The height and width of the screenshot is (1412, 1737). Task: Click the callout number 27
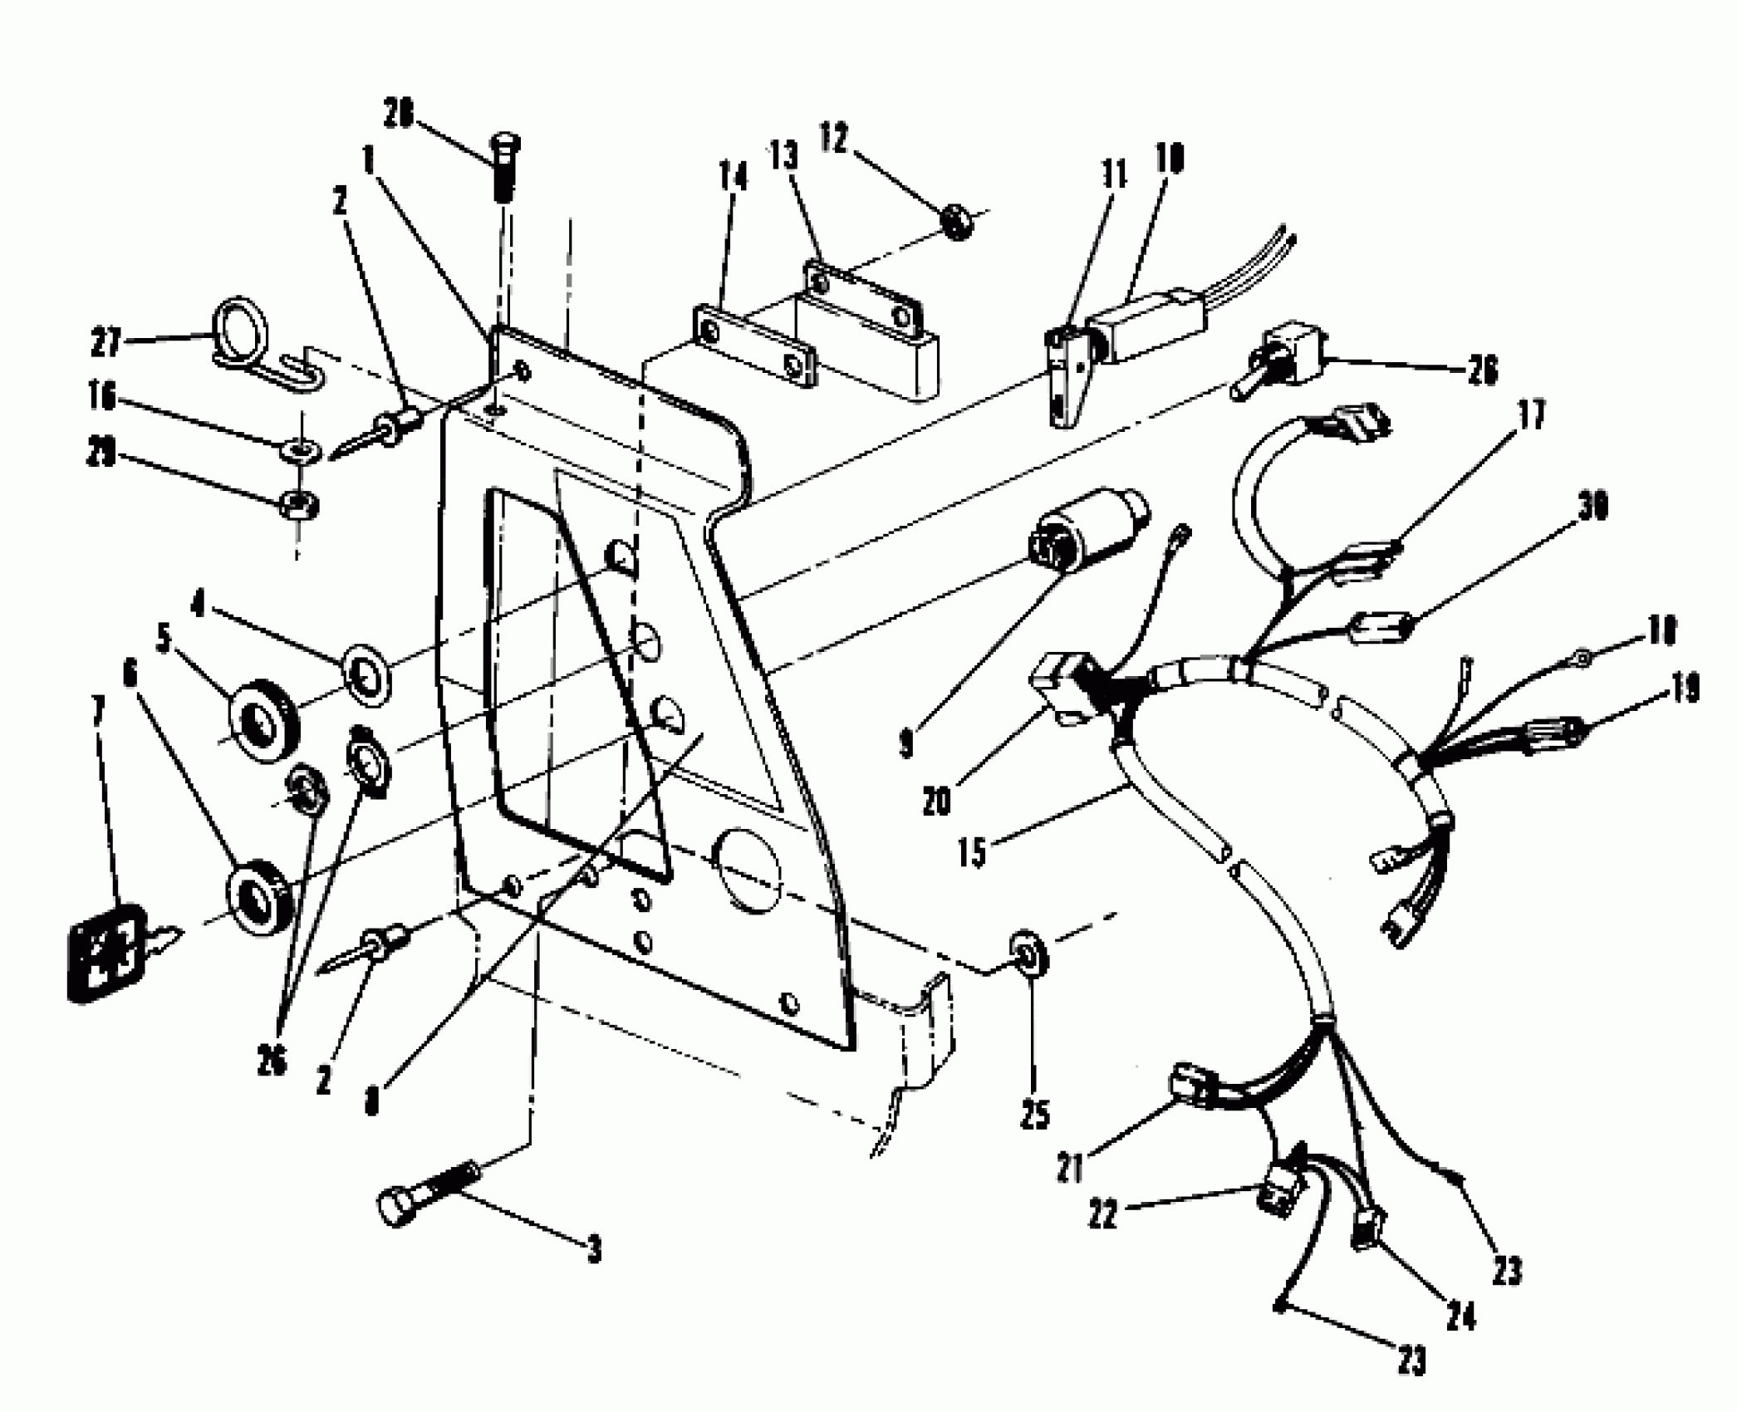[x=105, y=343]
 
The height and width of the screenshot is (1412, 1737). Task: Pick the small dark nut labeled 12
[x=957, y=222]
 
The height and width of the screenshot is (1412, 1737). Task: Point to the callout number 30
[x=1591, y=506]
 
